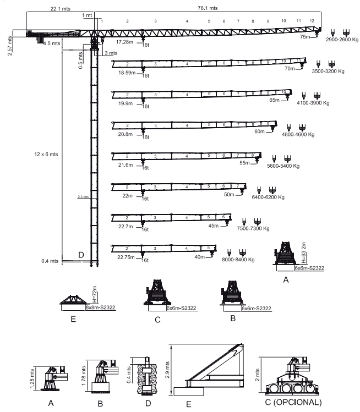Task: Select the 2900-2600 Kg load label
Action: tap(342, 41)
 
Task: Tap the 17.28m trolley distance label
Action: tap(126, 41)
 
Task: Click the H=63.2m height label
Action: tap(304, 252)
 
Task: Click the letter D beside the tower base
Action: tap(81, 255)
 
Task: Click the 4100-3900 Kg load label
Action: tap(314, 103)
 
